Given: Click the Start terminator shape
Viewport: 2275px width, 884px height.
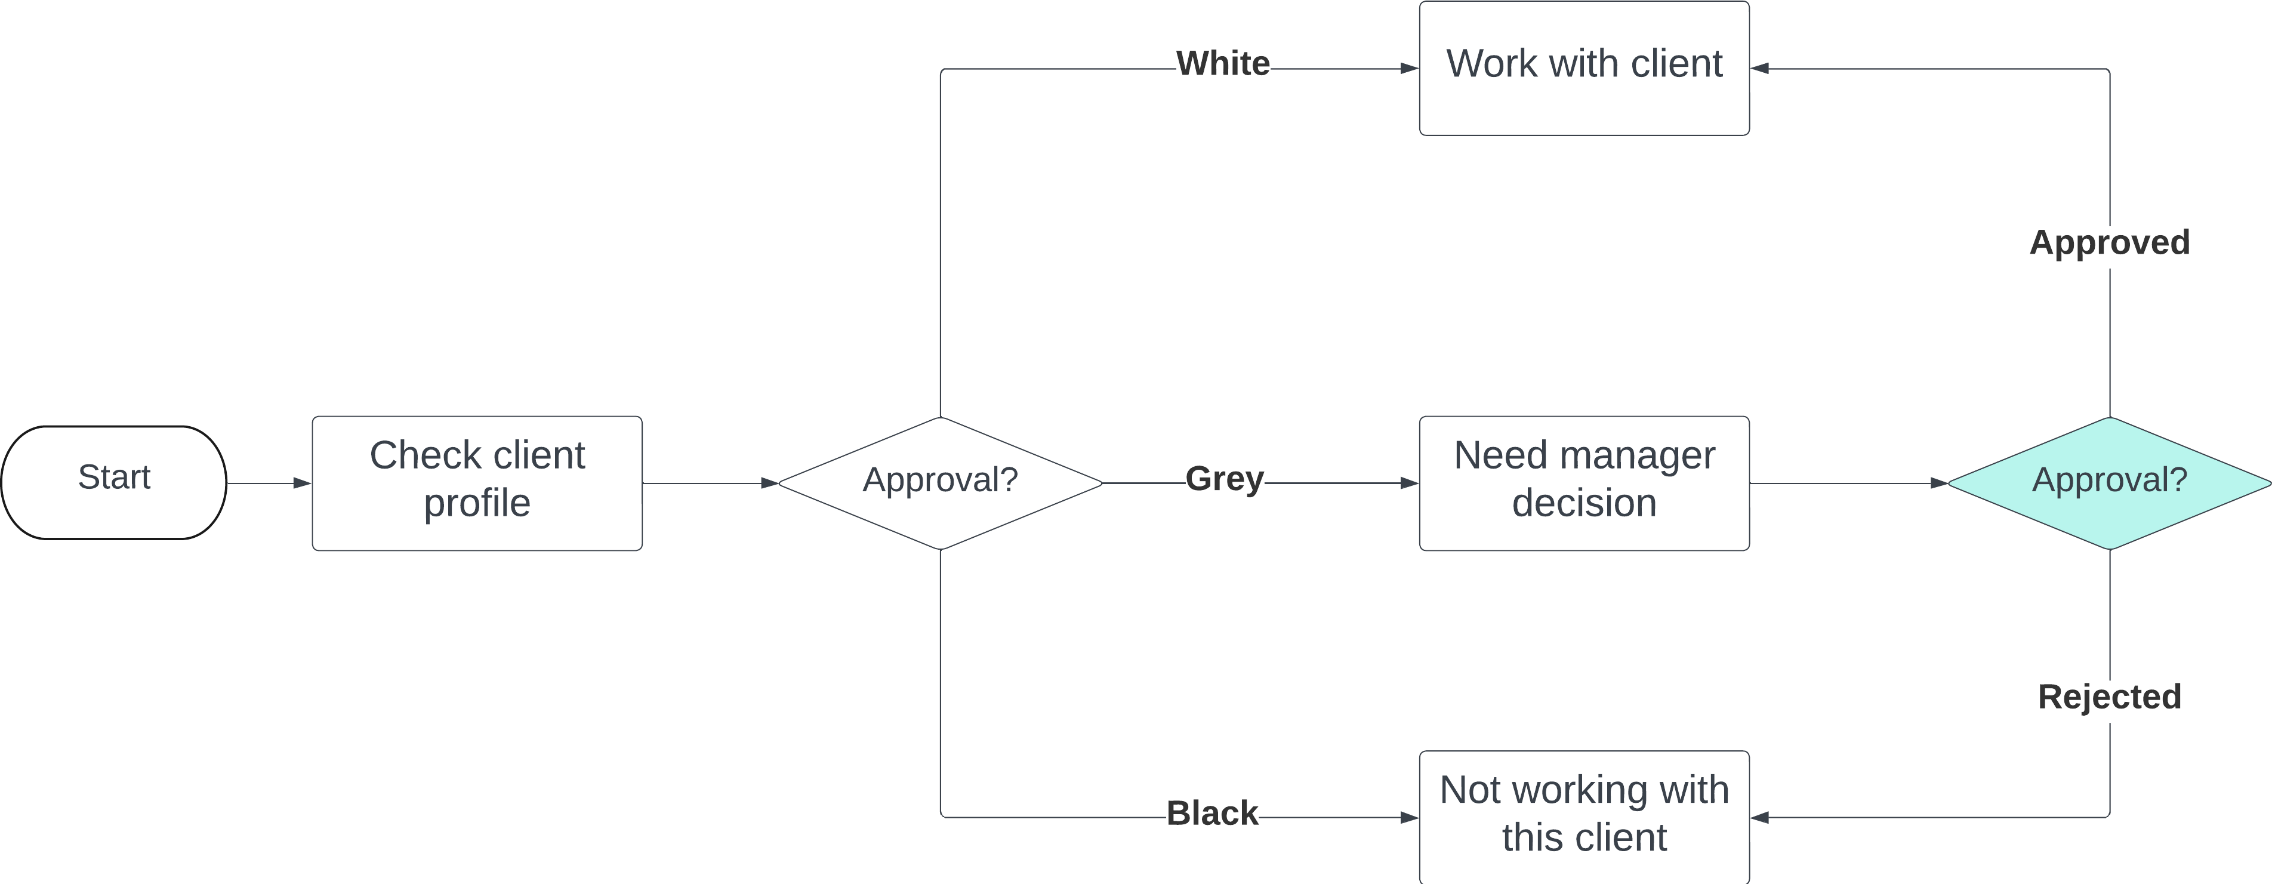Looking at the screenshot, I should (114, 482).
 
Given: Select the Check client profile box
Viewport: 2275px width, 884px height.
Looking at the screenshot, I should (477, 483).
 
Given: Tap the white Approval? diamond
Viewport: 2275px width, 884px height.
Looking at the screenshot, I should (940, 482).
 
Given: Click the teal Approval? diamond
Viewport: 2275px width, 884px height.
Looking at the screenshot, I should (2109, 482).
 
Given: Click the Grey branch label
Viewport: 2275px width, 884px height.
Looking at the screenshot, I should (1224, 479).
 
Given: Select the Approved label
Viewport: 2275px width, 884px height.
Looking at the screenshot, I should (2109, 242).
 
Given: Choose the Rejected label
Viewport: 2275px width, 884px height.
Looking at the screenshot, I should (2109, 697).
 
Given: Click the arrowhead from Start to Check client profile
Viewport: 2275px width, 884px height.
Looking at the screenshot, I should (302, 483).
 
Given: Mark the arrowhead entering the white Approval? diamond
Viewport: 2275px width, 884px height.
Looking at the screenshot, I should (769, 483).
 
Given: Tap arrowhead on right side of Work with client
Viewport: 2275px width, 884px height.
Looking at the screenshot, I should (1760, 68).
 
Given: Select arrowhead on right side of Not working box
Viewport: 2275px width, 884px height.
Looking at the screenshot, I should (1760, 818).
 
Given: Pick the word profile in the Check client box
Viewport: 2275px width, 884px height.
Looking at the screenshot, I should (477, 503).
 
